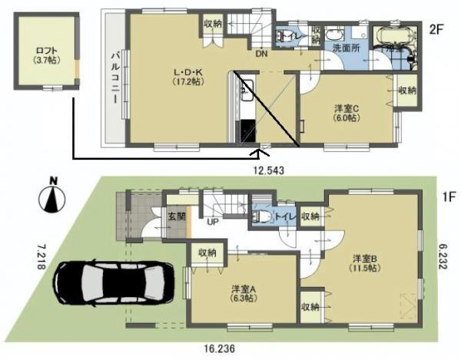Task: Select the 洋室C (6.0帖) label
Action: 343,114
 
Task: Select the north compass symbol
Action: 52,198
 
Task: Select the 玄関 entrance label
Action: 174,218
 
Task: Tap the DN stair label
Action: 262,54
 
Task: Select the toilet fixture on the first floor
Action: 260,216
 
